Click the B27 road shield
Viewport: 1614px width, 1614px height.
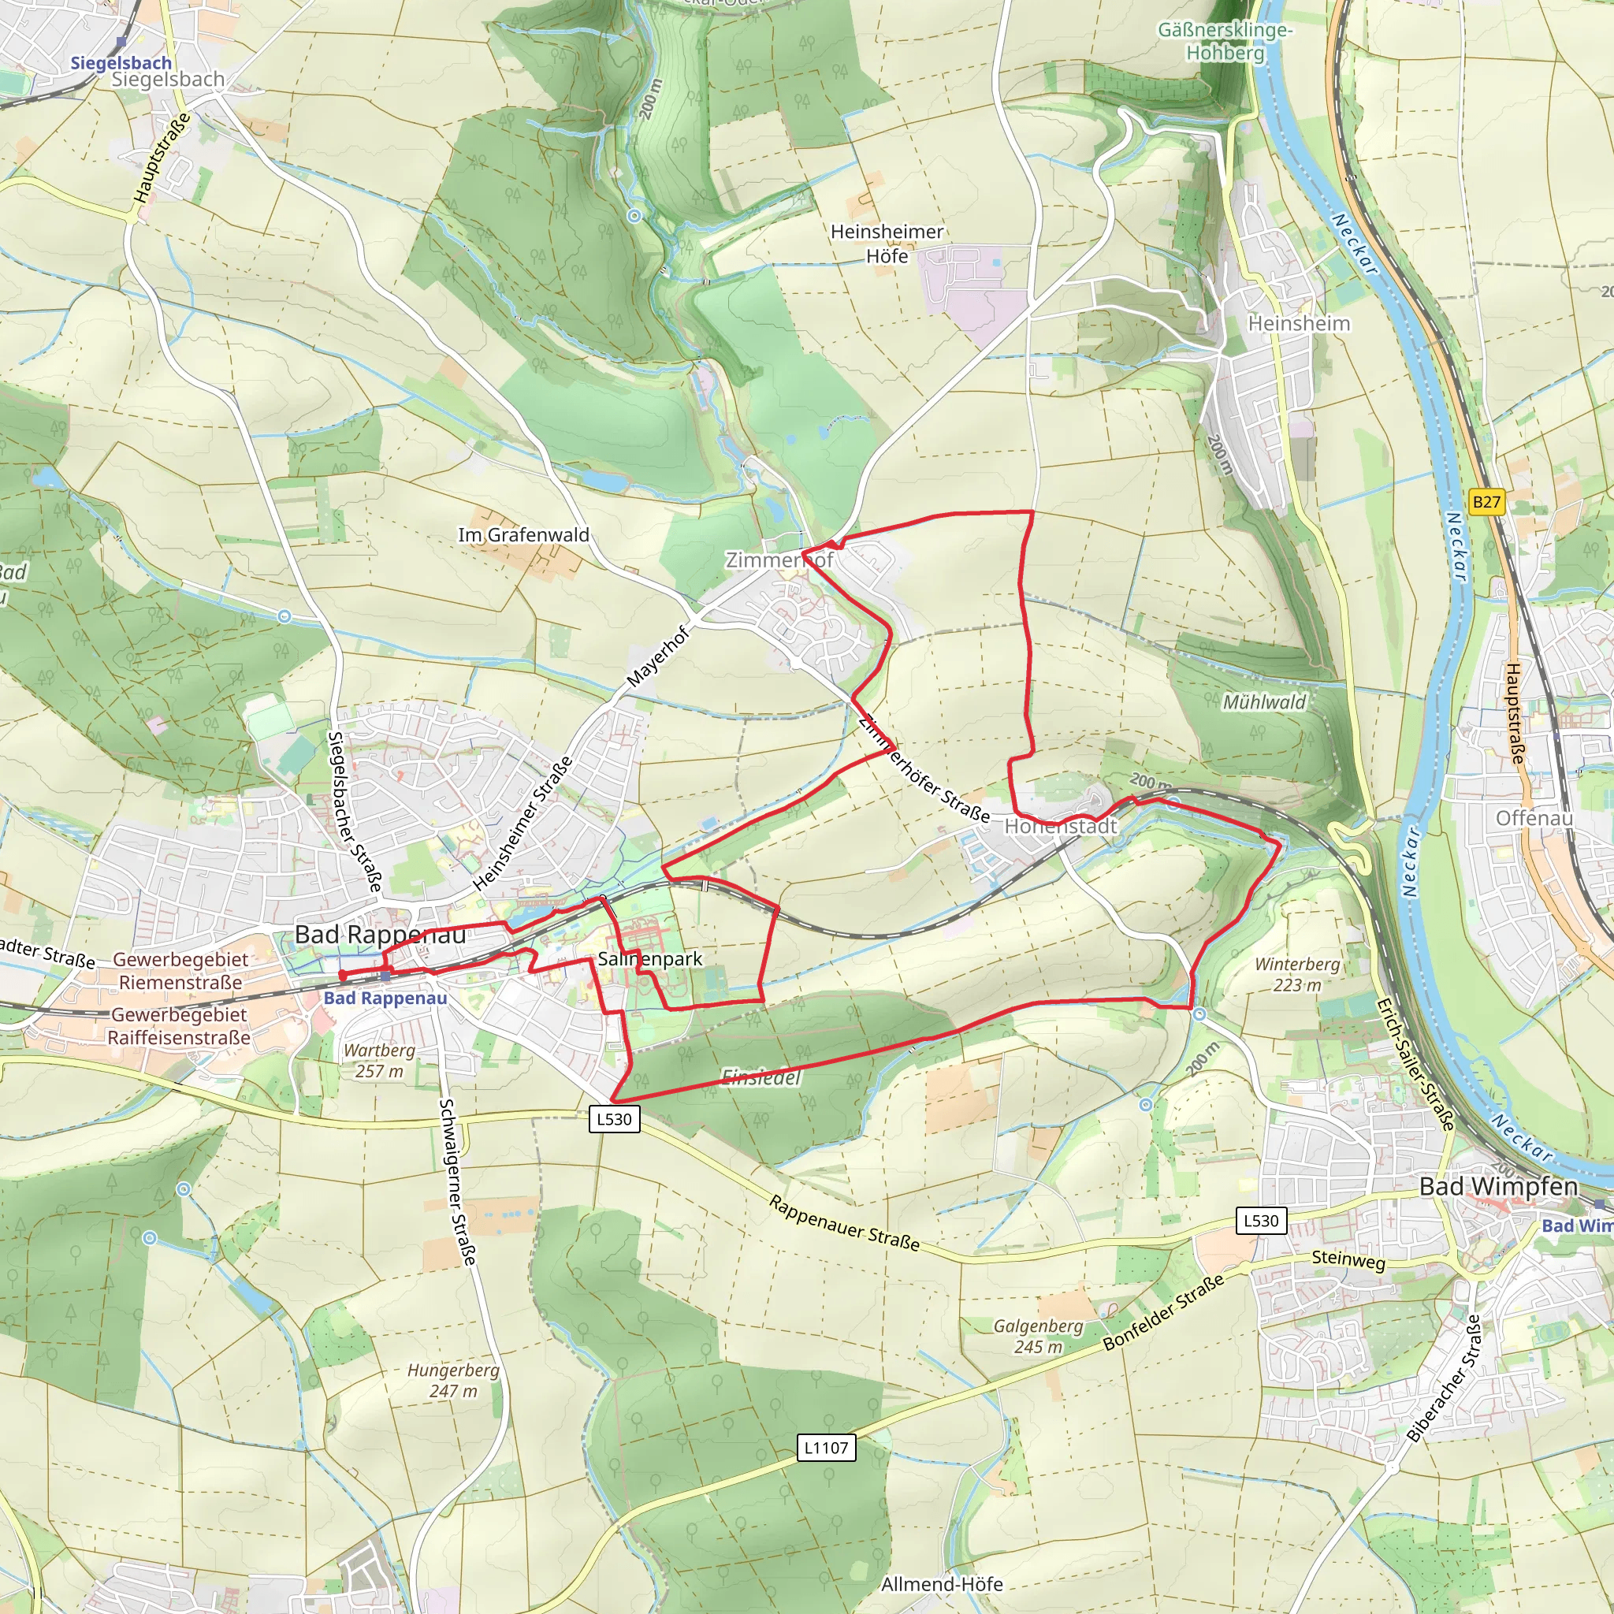1486,502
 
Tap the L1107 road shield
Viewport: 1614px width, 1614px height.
825,1448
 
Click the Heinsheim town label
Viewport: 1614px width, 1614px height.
1298,323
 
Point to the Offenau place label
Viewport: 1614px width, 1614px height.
1534,818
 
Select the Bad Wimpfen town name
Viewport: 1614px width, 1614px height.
1499,1186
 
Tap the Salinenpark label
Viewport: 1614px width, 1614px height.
650,959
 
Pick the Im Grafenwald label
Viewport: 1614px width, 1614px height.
524,534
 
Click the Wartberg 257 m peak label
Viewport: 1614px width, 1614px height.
379,1060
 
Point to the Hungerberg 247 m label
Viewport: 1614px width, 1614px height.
453,1380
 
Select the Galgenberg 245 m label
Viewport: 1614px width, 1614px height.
1038,1336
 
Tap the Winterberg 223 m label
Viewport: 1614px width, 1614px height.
1296,974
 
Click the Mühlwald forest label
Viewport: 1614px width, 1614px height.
1264,702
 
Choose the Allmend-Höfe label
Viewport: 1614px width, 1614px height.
942,1584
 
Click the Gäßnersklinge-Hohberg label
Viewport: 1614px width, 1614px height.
1225,41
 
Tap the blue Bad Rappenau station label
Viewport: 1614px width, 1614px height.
385,998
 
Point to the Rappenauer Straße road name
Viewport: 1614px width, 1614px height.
844,1224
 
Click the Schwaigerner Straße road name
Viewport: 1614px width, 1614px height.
458,1181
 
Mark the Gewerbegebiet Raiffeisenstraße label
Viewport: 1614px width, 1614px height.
179,1026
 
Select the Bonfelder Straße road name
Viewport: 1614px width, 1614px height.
1164,1311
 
